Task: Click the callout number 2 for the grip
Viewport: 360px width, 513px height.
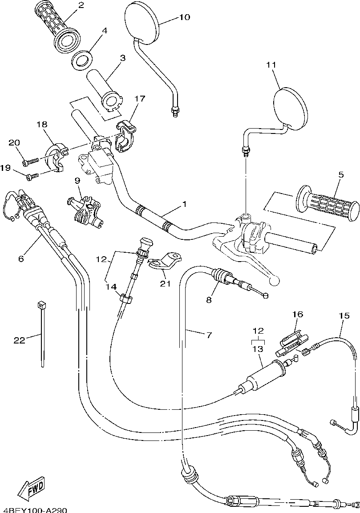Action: (81, 5)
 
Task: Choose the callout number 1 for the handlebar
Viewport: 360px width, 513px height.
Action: (184, 204)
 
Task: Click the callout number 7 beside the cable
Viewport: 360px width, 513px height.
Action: (209, 335)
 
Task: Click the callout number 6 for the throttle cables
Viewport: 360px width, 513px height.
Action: (21, 258)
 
